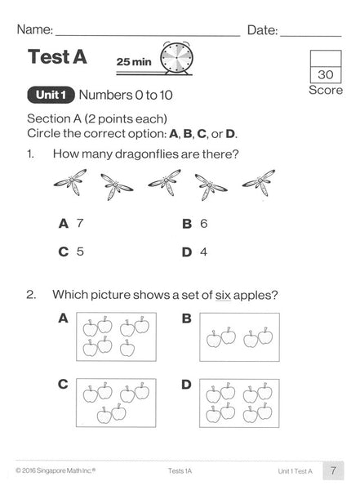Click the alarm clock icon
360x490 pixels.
tap(176, 59)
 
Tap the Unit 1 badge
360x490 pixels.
tap(51, 95)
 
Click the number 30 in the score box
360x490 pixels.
tap(326, 74)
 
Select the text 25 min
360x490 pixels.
tap(134, 61)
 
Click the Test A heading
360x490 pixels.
tap(57, 56)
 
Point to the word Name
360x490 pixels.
tap(34, 29)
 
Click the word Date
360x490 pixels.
tap(262, 30)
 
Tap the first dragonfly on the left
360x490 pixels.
tap(70, 182)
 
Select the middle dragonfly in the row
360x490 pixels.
tap(164, 182)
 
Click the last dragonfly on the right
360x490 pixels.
tap(259, 183)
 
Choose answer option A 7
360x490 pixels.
tap(71, 224)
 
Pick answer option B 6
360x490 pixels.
tap(194, 224)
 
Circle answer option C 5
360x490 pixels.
tap(71, 252)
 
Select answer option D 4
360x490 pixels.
tap(194, 252)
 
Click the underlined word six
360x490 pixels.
tap(223, 295)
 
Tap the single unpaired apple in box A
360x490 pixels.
tap(127, 348)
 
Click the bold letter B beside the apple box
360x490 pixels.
tap(187, 318)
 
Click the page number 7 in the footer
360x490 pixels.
tap(333, 470)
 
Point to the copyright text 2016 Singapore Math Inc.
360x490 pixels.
tap(56, 470)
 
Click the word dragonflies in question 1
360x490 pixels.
tap(147, 154)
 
